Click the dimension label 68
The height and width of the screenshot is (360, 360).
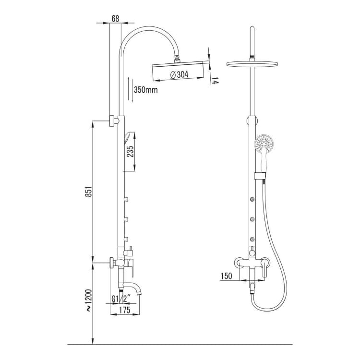click(x=115, y=18)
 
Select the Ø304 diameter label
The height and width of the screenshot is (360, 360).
click(x=180, y=74)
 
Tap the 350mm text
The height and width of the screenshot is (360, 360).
click(x=146, y=90)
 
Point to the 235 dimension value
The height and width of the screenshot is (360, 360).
click(x=130, y=152)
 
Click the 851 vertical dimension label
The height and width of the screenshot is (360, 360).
click(x=89, y=191)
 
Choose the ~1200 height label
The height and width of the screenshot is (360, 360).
click(x=89, y=300)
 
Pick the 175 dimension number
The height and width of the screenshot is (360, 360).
click(x=125, y=310)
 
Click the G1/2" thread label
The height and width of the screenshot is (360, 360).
click(x=121, y=299)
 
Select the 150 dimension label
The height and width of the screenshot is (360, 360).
click(x=227, y=276)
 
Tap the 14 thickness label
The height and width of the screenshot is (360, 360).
click(x=215, y=81)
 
